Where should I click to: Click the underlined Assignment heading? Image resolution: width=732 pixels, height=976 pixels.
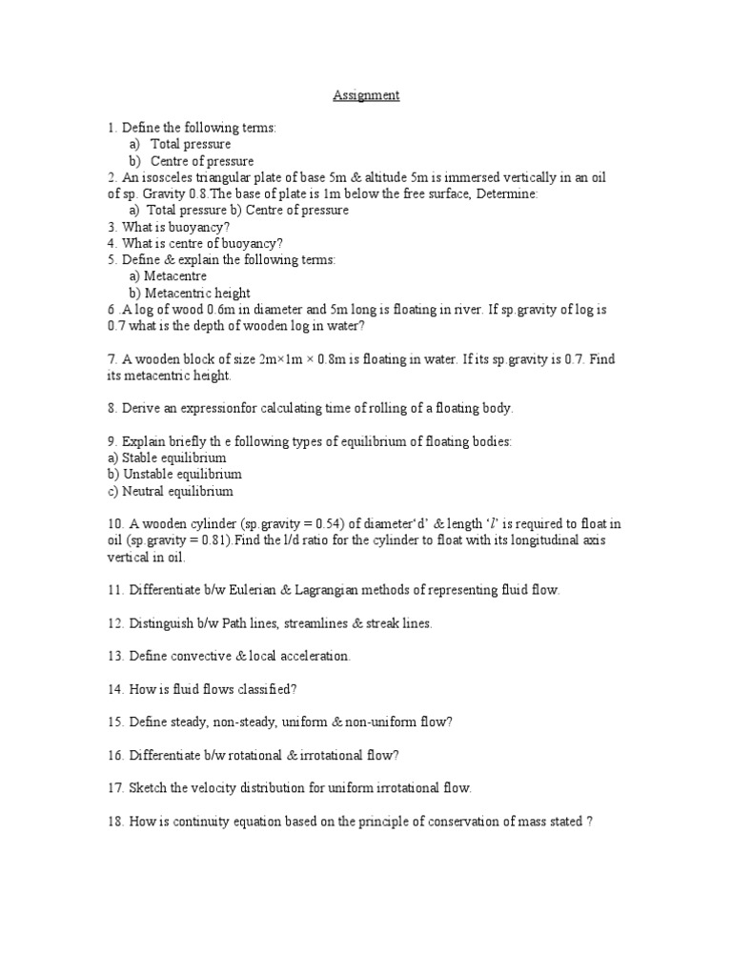point(366,95)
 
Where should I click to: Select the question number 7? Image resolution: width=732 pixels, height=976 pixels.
point(112,359)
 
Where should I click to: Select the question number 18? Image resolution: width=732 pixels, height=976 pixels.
point(115,821)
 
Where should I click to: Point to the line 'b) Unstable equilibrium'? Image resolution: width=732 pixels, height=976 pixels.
point(174,475)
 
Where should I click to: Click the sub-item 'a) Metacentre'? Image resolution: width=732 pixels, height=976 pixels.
point(168,276)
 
